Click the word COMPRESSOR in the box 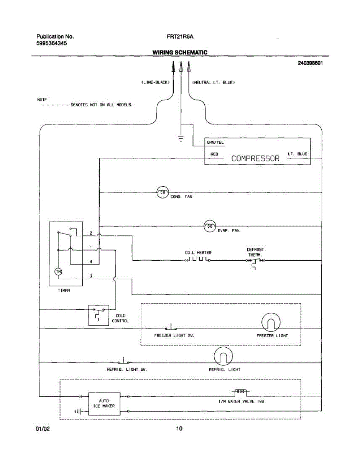point(255,159)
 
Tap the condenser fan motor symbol point(163,192)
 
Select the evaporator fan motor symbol point(210,226)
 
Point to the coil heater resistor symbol point(198,259)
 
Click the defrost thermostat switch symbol point(255,263)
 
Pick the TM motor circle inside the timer point(58,272)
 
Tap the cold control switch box point(99,315)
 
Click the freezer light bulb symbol point(271,322)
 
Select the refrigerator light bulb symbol point(223,356)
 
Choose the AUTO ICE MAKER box point(104,404)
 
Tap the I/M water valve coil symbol point(241,392)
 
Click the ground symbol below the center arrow point(181,138)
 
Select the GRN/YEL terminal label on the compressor point(215,143)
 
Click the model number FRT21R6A point(180,37)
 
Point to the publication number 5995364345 point(52,43)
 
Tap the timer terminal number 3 point(91,276)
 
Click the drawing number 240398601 point(310,63)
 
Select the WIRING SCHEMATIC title point(180,52)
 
